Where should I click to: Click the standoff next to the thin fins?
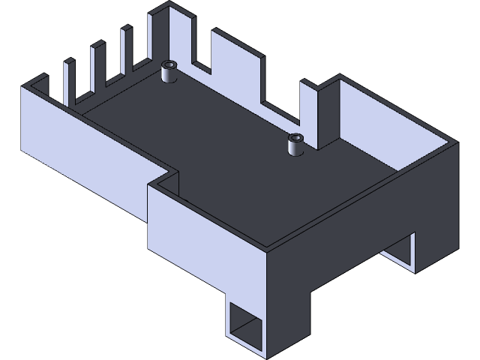[169, 73]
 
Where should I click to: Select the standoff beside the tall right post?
[295, 145]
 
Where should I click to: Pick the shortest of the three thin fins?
[70, 79]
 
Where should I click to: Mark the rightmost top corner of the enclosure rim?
[456, 143]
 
